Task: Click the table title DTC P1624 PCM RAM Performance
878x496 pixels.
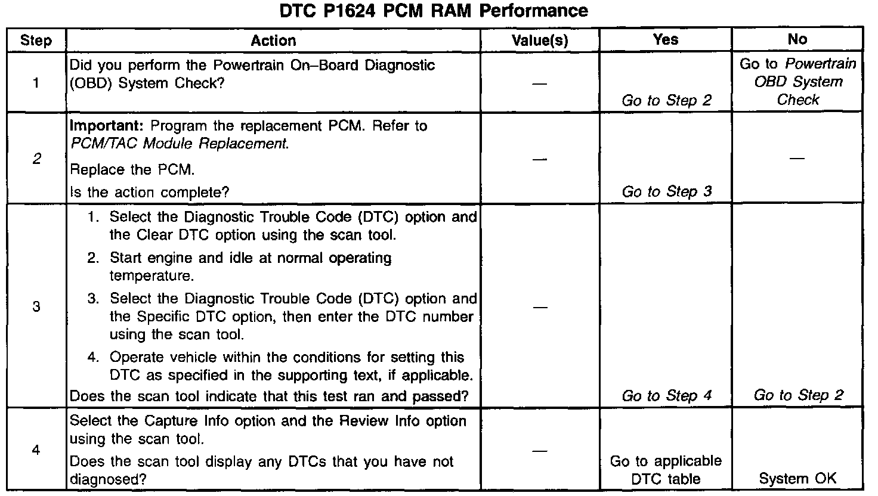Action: pyautogui.click(x=434, y=11)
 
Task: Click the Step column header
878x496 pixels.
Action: pyautogui.click(x=36, y=41)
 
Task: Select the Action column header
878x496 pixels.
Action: pyautogui.click(x=273, y=41)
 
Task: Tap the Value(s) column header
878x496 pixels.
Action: pyautogui.click(x=540, y=41)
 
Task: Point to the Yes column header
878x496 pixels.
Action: pyautogui.click(x=666, y=40)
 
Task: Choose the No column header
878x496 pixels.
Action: pyautogui.click(x=797, y=40)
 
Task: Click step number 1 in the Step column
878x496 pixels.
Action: pyautogui.click(x=36, y=82)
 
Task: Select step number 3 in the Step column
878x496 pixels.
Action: pyautogui.click(x=36, y=307)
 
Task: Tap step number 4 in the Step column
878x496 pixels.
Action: pyautogui.click(x=36, y=449)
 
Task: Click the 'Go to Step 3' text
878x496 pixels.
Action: pyautogui.click(x=666, y=192)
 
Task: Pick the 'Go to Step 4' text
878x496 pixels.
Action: pyautogui.click(x=666, y=396)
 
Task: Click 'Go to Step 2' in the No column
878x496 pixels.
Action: pyautogui.click(x=798, y=395)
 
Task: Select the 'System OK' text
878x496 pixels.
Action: pyautogui.click(x=797, y=478)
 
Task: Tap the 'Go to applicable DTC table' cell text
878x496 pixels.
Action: pyautogui.click(x=666, y=470)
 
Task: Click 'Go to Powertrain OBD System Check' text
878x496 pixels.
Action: pyautogui.click(x=797, y=82)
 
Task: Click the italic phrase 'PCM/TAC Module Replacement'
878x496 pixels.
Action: pyautogui.click(x=179, y=144)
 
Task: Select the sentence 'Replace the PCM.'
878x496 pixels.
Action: pyautogui.click(x=132, y=170)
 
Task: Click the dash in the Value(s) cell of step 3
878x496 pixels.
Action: pyautogui.click(x=540, y=308)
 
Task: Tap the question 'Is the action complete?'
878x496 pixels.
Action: pyautogui.click(x=150, y=192)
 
